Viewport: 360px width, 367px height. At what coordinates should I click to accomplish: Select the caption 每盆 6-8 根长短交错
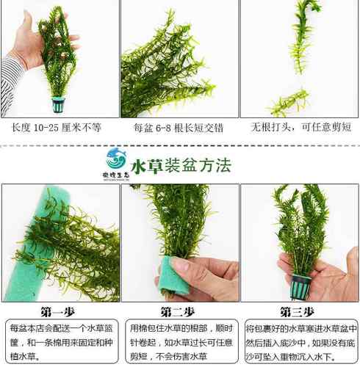(179, 127)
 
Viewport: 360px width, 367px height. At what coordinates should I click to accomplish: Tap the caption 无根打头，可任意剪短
(299, 127)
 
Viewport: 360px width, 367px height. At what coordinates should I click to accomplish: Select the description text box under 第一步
(60, 342)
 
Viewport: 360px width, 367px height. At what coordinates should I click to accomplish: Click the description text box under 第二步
(180, 342)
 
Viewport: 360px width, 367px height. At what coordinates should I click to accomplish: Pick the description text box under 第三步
(300, 342)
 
